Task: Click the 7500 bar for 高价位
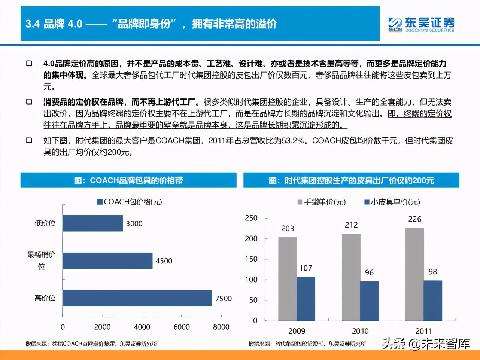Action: [137, 298]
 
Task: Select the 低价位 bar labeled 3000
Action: [92, 223]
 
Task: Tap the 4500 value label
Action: [164, 261]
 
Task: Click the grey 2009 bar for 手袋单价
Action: [288, 279]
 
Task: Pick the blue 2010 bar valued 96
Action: [369, 301]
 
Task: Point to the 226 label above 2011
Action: [414, 219]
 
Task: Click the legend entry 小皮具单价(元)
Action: [392, 202]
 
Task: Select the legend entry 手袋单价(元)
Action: [322, 202]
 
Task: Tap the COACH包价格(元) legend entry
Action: [130, 202]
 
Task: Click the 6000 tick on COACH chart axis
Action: [182, 327]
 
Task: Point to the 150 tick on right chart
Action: [251, 259]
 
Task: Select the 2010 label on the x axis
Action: [360, 331]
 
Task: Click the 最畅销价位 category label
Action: [41, 260]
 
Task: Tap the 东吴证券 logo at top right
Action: [421, 24]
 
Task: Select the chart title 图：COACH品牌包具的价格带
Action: [128, 180]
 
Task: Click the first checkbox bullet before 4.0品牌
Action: [29, 63]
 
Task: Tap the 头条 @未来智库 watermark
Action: [425, 343]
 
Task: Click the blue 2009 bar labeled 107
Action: [306, 299]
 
